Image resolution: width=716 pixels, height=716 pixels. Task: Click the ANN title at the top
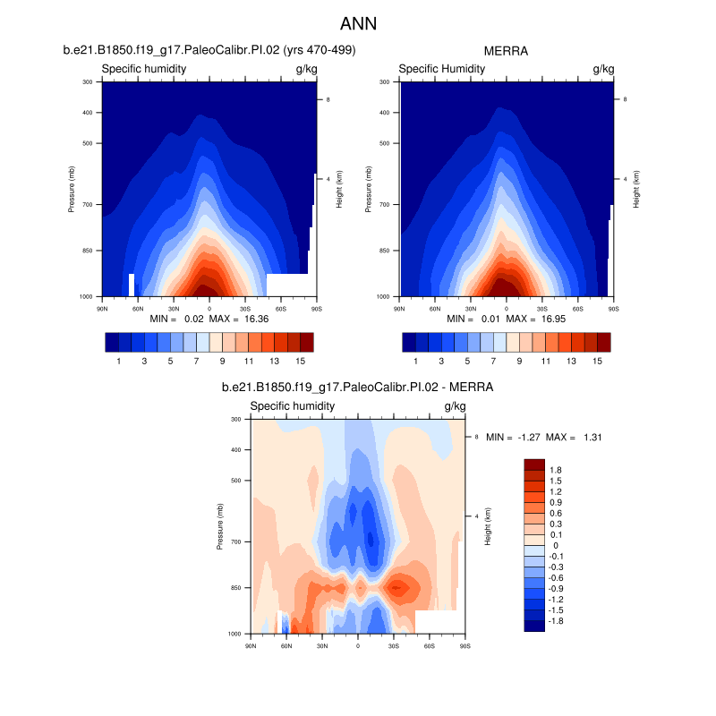(x=358, y=23)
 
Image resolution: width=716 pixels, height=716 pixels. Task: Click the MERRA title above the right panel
(x=507, y=51)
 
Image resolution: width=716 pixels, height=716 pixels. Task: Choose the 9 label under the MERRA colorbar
(x=519, y=361)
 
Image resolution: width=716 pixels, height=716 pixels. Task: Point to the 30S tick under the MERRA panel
(x=542, y=307)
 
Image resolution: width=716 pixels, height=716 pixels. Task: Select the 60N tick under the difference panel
(x=286, y=644)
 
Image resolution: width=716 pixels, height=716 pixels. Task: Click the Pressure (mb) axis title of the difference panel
(x=220, y=526)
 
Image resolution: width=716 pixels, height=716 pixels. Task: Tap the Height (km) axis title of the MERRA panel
(x=636, y=189)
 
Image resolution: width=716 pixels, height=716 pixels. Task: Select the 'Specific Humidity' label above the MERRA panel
(x=441, y=69)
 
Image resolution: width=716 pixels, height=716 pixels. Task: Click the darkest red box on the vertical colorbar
(x=534, y=465)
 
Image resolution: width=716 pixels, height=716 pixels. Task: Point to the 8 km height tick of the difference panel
(x=476, y=436)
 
